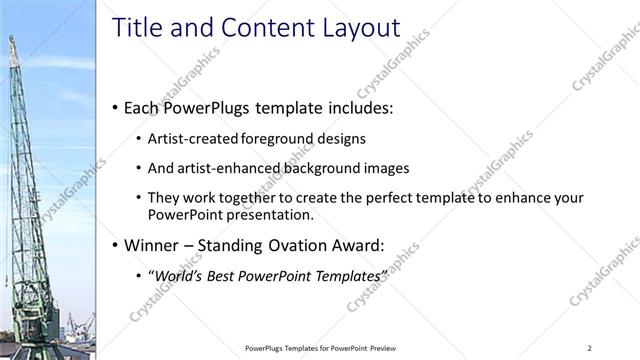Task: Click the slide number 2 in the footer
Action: point(590,347)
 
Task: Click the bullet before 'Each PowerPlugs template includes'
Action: point(115,106)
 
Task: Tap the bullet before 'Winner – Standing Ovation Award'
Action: point(115,244)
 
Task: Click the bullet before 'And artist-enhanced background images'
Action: point(137,168)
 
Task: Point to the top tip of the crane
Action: point(12,38)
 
